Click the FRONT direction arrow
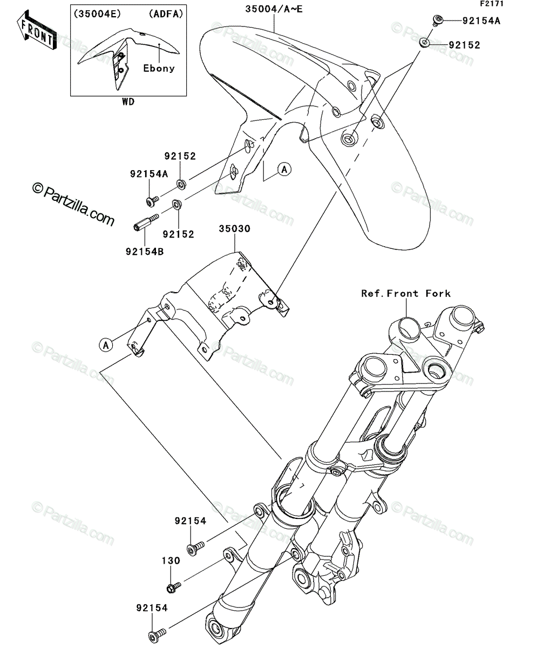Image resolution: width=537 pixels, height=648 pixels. [37, 30]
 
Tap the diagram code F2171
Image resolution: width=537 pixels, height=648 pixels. [492, 4]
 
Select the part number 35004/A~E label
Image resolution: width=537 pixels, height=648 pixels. [274, 9]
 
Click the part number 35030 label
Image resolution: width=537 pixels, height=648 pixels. [235, 229]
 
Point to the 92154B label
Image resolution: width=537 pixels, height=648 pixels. [145, 252]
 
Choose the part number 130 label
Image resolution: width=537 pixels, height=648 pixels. [171, 561]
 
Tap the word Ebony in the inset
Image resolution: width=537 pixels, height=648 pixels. [159, 69]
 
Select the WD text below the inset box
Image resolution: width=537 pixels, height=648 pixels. [128, 102]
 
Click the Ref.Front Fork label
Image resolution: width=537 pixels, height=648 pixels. [406, 293]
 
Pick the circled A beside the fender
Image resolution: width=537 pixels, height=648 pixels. [284, 170]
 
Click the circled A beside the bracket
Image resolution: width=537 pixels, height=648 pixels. [106, 345]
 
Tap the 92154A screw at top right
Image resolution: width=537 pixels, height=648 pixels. [437, 20]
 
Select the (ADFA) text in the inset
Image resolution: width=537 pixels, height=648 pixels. [166, 13]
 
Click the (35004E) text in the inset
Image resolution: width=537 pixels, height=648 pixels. [97, 13]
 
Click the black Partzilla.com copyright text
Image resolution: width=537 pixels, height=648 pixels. [73, 204]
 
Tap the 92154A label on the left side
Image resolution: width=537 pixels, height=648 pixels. [149, 174]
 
